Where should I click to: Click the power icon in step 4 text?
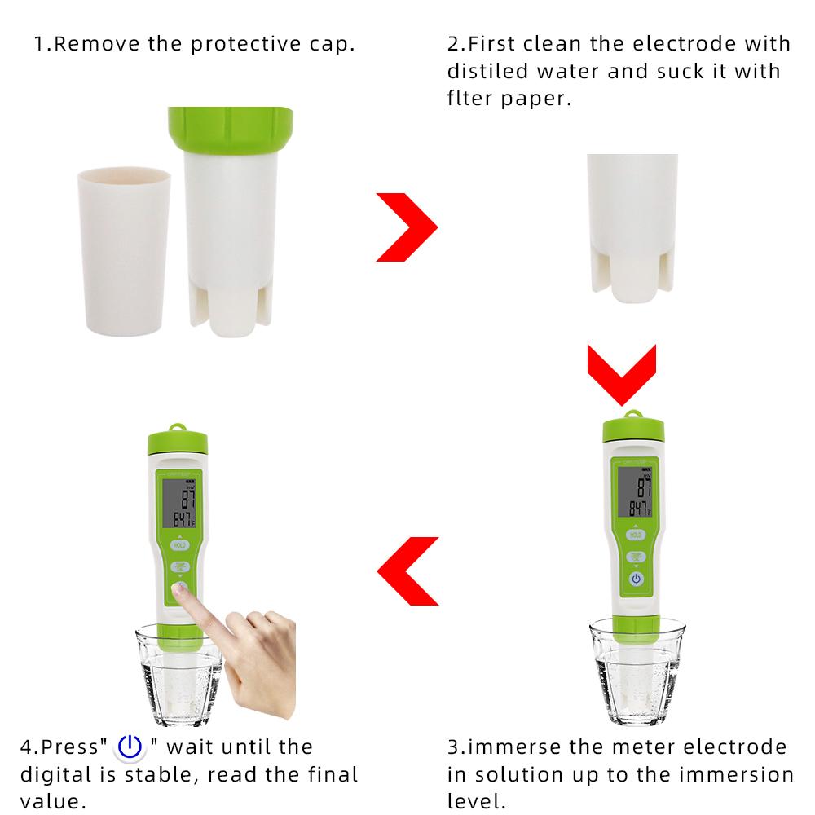(130, 747)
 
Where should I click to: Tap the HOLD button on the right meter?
(637, 535)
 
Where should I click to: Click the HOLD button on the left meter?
(179, 544)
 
